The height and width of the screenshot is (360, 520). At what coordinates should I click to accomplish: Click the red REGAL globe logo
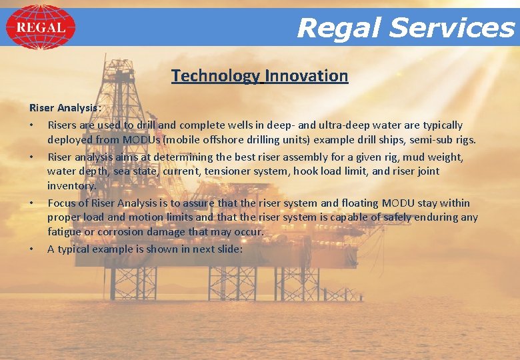tap(40, 27)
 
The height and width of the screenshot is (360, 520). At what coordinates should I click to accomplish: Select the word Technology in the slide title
tap(215, 76)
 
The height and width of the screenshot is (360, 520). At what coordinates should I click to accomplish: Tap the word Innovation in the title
tap(307, 76)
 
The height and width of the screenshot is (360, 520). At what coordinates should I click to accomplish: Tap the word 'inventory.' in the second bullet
tap(71, 186)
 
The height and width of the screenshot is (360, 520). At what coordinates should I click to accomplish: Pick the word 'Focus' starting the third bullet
tap(62, 203)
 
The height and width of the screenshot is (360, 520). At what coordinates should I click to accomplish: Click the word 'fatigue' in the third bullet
tap(65, 231)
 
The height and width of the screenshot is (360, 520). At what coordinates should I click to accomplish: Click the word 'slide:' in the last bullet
tap(228, 249)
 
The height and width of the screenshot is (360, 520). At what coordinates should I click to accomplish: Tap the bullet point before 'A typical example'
tap(31, 249)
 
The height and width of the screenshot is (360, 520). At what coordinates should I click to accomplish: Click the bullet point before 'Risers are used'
tap(31, 125)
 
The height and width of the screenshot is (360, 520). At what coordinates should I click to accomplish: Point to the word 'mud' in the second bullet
tap(412, 157)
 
